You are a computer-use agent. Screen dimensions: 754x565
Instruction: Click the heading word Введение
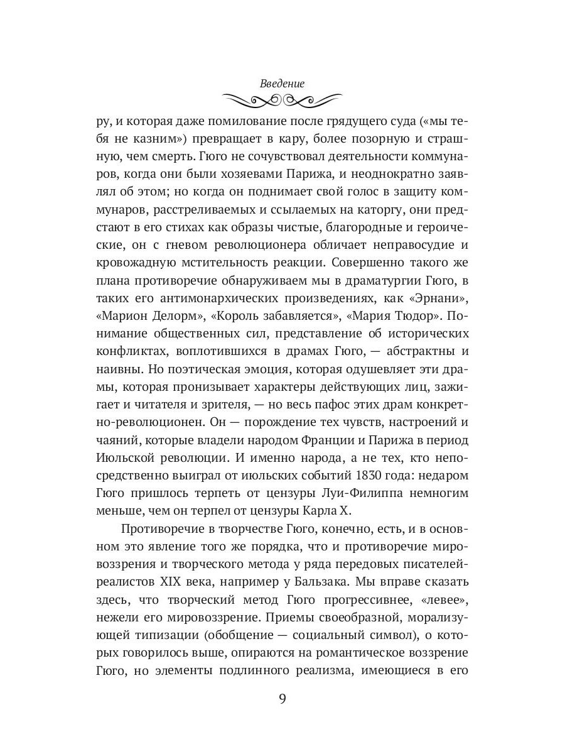tap(282, 82)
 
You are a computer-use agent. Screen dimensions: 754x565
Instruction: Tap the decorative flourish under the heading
tap(282, 99)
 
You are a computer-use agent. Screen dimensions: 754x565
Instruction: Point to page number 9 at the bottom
tap(282, 699)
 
